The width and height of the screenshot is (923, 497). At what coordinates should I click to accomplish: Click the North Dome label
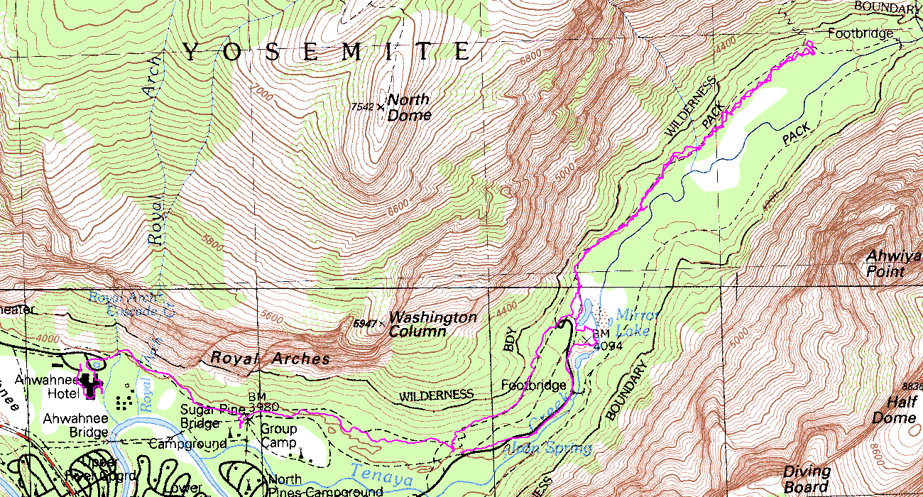[409, 106]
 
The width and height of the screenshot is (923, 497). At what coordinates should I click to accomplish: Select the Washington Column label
[433, 324]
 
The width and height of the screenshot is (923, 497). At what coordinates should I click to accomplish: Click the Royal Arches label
[271, 359]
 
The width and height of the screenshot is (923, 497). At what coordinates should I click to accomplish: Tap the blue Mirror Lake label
[638, 322]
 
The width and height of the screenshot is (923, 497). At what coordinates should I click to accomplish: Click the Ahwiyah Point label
[893, 263]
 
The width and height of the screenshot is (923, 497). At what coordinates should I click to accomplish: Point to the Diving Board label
[806, 479]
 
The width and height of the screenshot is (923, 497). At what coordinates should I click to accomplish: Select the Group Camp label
[278, 436]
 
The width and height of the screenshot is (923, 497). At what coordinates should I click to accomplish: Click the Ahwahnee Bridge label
[75, 425]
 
